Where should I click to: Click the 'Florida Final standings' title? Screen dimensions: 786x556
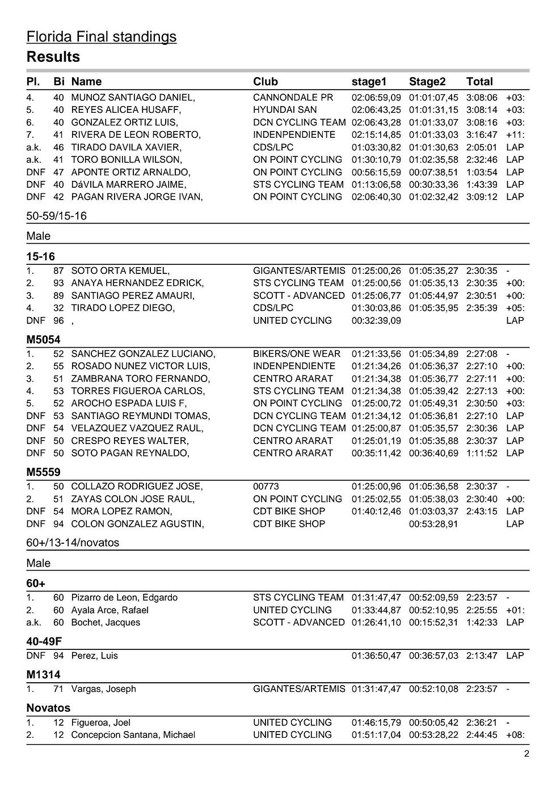coord(101,37)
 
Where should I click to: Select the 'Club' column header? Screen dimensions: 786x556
coord(265,81)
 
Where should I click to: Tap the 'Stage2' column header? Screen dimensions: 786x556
coord(427,81)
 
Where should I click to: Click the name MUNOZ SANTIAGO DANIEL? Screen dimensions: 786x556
coord(133,98)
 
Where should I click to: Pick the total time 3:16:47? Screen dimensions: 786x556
coord(482,134)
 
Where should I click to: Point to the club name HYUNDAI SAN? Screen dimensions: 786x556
coord(285,110)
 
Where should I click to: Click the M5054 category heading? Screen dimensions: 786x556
coord(43,340)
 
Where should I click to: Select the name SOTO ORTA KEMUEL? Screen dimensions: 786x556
coord(120,271)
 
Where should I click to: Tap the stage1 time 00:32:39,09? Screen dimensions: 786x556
coord(376,320)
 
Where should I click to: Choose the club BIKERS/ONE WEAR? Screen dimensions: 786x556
coord(297,354)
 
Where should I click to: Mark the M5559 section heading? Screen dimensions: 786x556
coord(43,472)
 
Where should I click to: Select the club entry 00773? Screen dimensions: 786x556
coord(266,487)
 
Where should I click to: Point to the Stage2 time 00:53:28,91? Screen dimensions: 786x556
coord(433,524)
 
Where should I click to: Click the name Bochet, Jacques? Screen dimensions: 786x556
coord(106,623)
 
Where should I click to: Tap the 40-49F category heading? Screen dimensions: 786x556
coord(44,641)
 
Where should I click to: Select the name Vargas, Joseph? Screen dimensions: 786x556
coord(103,689)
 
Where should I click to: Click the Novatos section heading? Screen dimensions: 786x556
coord(48,708)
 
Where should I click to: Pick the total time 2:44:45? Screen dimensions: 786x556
coord(482,735)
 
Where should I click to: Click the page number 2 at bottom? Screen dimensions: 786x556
coord(526,754)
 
